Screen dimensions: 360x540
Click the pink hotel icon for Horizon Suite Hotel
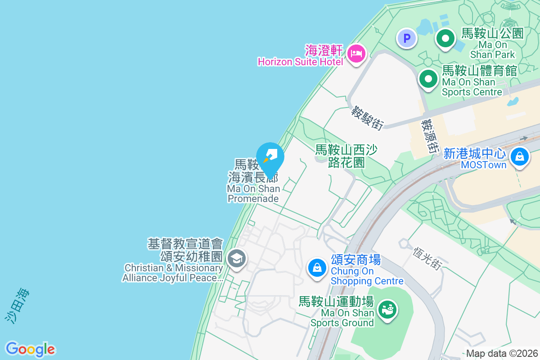pyautogui.click(x=356, y=54)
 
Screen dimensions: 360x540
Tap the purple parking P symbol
pyautogui.click(x=407, y=39)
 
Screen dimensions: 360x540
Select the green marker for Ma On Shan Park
pyautogui.click(x=445, y=39)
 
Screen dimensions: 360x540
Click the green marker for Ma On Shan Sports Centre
pyautogui.click(x=428, y=80)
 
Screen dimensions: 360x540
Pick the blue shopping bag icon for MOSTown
pyautogui.click(x=520, y=157)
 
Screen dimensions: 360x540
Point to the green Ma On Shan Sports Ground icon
pyautogui.click(x=387, y=310)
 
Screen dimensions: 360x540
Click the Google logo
pyautogui.click(x=31, y=349)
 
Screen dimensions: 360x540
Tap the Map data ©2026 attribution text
pyautogui.click(x=502, y=353)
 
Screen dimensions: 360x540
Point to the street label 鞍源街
pyautogui.click(x=430, y=135)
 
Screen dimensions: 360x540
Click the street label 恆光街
pyautogui.click(x=426, y=258)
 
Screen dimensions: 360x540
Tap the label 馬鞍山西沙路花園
pyautogui.click(x=346, y=156)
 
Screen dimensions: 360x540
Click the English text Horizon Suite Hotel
pyautogui.click(x=300, y=62)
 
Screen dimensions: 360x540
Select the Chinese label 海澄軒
pyautogui.click(x=324, y=50)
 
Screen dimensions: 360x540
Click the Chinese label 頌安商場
pyautogui.click(x=355, y=260)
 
